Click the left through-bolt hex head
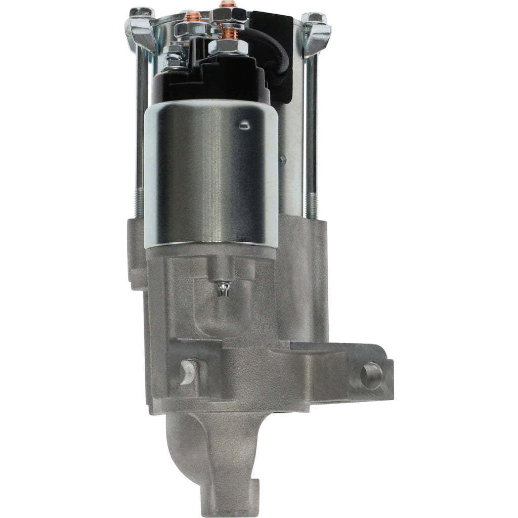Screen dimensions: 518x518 [x=141, y=12]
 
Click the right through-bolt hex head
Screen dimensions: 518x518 [x=314, y=17]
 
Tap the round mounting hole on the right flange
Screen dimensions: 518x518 [x=371, y=375]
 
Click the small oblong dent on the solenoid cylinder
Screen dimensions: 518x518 [x=244, y=123]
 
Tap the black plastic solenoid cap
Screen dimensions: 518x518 [x=212, y=81]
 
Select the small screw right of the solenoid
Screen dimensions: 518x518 [x=282, y=160]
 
